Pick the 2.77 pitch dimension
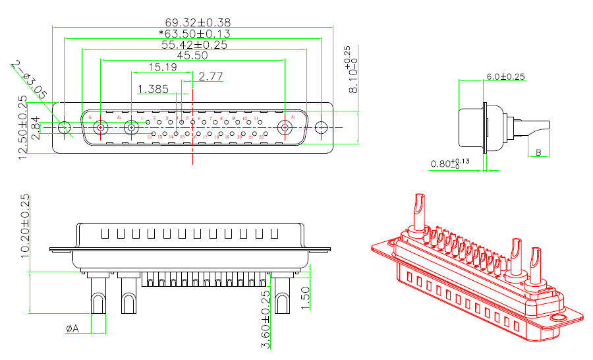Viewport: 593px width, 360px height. pyautogui.click(x=211, y=76)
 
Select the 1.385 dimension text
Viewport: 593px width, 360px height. pyautogui.click(x=153, y=88)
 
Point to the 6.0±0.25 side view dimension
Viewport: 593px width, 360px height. pyautogui.click(x=505, y=76)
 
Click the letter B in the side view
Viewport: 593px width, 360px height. pyautogui.click(x=539, y=153)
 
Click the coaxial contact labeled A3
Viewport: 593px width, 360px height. pyautogui.click(x=287, y=128)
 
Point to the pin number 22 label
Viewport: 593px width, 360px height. pyautogui.click(x=262, y=136)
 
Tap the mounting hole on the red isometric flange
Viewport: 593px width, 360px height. pyautogui.click(x=557, y=318)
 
